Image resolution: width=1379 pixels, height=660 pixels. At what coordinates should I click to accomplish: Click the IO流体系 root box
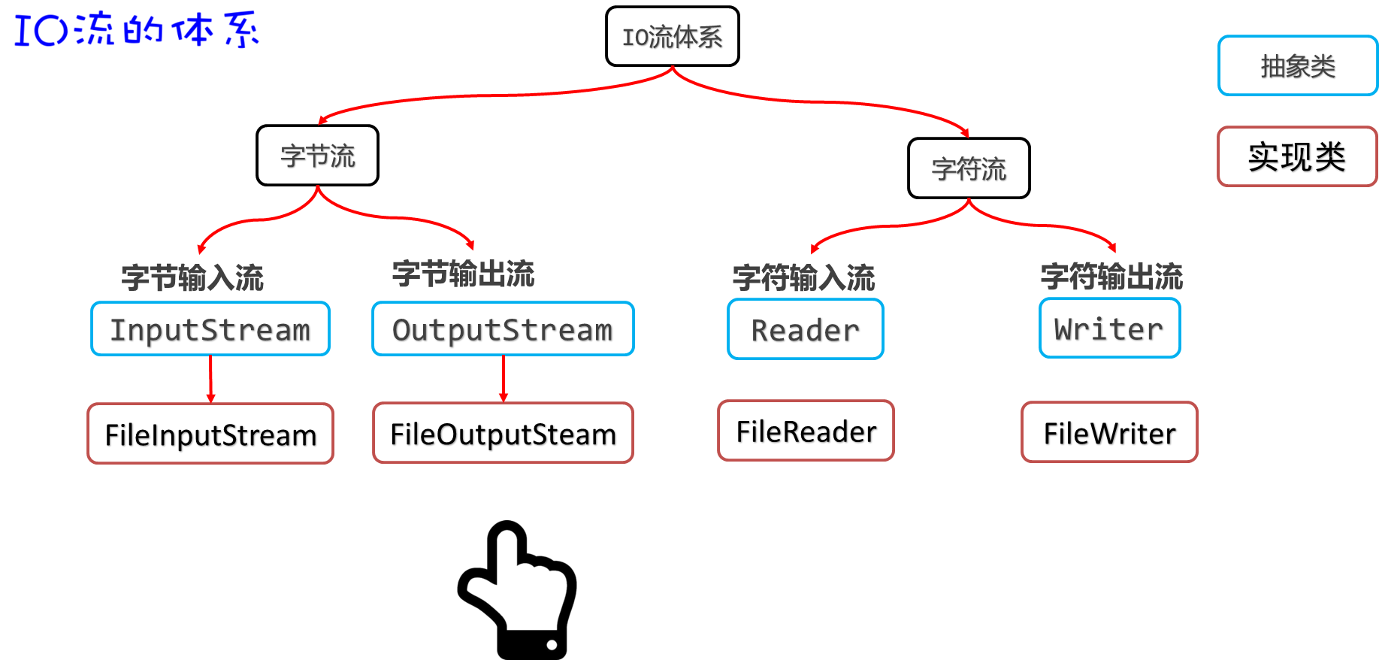[x=672, y=37]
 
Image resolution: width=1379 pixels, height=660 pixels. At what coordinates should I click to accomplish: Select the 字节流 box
[x=317, y=156]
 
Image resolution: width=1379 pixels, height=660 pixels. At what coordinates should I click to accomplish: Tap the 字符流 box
[x=969, y=168]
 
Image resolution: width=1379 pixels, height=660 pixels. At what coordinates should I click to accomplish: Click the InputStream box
[x=210, y=329]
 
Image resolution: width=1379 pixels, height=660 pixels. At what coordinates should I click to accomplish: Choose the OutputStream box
[x=503, y=329]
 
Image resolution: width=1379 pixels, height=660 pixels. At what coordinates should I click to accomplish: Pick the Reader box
[x=806, y=329]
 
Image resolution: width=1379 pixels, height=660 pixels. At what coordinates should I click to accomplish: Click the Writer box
[x=1109, y=328]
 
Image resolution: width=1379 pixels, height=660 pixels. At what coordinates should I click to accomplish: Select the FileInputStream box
[x=210, y=434]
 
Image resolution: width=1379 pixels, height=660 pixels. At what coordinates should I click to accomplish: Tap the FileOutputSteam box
[x=503, y=433]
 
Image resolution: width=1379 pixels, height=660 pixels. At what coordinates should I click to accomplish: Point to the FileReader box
[x=806, y=431]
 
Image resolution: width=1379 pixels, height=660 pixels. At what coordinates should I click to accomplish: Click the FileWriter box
[x=1109, y=432]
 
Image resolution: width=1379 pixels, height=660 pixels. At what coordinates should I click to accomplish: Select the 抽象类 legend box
[x=1297, y=66]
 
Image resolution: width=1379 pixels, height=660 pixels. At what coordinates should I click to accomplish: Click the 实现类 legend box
[x=1297, y=156]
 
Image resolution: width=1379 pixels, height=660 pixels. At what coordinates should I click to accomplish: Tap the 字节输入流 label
[x=192, y=277]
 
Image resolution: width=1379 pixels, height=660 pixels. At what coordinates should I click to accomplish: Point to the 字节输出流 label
[x=463, y=274]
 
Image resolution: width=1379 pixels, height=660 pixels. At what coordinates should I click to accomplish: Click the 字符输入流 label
[x=803, y=277]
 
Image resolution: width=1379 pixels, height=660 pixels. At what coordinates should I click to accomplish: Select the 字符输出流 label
[x=1111, y=277]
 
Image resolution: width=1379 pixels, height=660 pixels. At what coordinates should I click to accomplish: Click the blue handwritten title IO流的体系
[x=136, y=29]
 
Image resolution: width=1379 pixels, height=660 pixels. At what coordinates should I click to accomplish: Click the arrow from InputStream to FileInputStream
[x=211, y=380]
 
